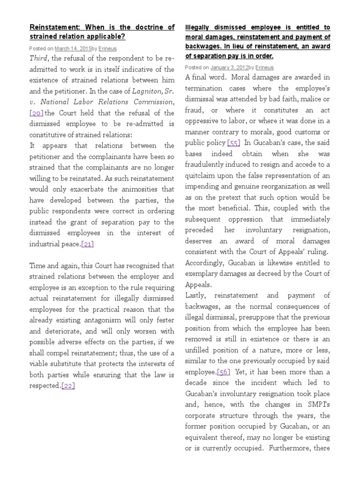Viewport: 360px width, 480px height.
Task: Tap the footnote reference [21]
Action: coord(88,244)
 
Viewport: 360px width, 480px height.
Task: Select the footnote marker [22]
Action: coord(68,386)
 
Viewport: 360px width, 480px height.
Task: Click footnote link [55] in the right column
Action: coord(234,143)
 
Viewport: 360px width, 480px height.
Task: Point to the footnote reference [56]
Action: coord(224,372)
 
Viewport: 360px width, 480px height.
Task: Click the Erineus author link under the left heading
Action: coord(108,48)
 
